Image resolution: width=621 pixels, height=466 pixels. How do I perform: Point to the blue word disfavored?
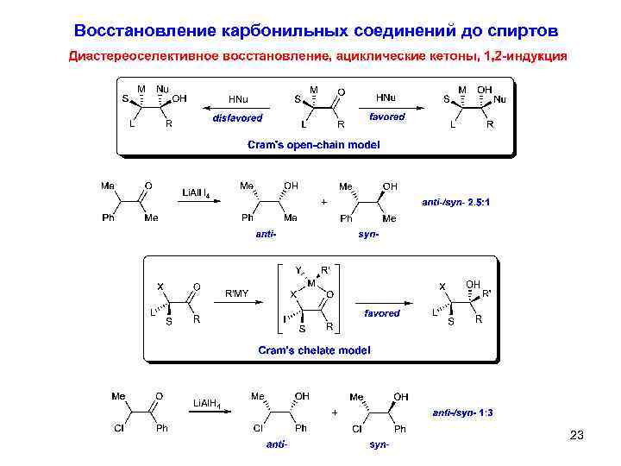pyautogui.click(x=237, y=117)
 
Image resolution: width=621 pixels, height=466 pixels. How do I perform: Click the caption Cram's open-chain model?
pyautogui.click(x=313, y=145)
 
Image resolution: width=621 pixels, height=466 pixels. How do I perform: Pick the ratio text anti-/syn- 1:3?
pyautogui.click(x=463, y=412)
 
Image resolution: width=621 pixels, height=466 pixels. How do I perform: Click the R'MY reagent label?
pyautogui.click(x=236, y=293)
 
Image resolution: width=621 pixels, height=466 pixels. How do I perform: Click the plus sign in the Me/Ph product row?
pyautogui.click(x=323, y=202)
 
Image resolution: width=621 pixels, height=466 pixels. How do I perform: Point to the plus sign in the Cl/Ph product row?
pyautogui.click(x=335, y=412)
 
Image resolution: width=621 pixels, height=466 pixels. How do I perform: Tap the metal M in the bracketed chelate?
pyautogui.click(x=311, y=282)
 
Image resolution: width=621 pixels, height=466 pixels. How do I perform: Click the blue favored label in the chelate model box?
pyautogui.click(x=381, y=313)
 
